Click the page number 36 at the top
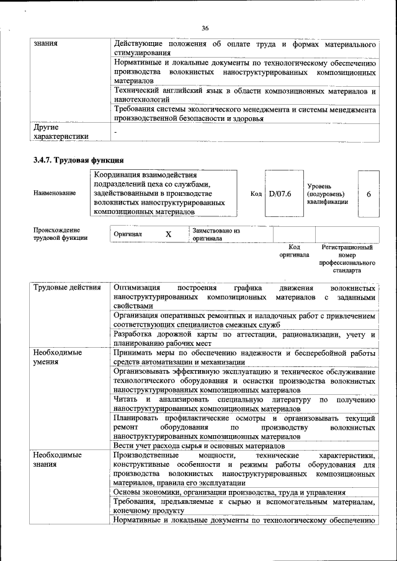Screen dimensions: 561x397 point(205,28)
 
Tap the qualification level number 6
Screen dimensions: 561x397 point(368,194)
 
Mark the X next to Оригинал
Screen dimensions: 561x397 point(168,234)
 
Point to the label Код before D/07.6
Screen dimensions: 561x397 point(256,194)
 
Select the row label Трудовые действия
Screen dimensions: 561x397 point(66,289)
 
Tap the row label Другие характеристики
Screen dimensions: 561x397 point(61,132)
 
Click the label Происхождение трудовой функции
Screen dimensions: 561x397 point(60,234)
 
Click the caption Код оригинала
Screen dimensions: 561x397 point(294,251)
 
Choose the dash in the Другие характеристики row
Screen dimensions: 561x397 point(115,131)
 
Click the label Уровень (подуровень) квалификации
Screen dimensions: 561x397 point(327,194)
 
